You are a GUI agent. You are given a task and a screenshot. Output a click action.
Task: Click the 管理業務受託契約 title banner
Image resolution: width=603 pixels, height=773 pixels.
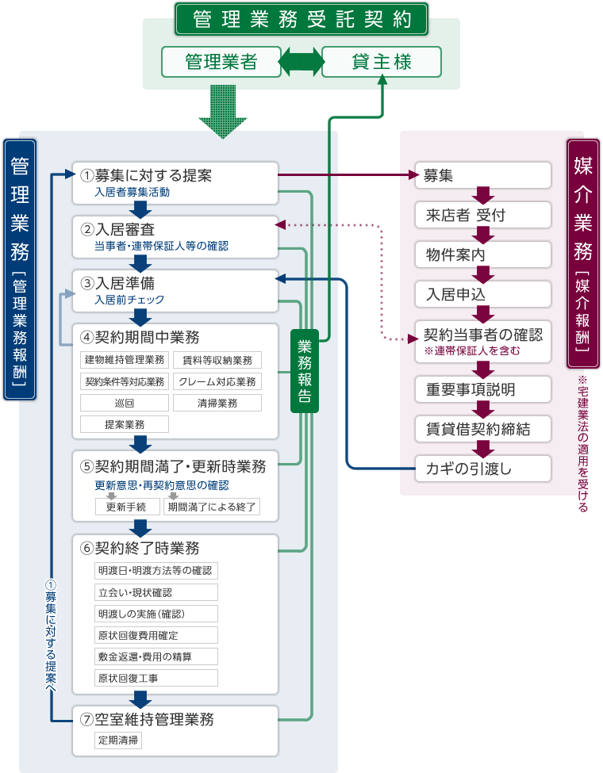301,20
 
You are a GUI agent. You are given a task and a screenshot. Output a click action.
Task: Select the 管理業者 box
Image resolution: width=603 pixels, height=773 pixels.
221,62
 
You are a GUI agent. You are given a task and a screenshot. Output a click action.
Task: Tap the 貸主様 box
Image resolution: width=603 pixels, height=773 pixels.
382,62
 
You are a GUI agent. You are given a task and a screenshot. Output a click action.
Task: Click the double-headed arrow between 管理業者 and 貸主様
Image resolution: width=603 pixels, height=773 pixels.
301,62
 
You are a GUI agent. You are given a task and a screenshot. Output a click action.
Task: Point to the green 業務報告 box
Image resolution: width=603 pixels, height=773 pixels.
305,370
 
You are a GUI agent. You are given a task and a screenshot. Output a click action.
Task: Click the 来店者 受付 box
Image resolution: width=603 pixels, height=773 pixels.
482,215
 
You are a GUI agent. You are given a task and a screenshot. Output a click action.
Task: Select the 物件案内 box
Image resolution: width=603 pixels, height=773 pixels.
482,254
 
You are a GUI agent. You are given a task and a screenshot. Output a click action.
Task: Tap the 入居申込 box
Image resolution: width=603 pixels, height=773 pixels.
482,294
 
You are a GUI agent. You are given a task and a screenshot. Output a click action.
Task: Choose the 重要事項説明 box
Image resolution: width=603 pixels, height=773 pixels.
482,389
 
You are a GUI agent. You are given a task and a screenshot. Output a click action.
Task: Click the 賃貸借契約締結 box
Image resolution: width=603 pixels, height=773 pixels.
482,429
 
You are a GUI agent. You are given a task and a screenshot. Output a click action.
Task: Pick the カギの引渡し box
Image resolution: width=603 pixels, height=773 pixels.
482,469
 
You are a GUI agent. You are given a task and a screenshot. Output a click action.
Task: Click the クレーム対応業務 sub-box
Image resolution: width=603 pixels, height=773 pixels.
217,381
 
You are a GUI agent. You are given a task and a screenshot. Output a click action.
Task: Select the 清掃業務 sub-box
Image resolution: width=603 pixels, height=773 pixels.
217,403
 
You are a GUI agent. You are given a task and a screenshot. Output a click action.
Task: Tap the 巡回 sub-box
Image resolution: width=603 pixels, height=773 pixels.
124,403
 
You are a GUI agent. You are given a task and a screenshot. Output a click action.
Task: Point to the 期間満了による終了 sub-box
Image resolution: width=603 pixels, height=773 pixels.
212,507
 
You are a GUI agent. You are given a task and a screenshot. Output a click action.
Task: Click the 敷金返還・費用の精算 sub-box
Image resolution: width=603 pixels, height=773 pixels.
156,656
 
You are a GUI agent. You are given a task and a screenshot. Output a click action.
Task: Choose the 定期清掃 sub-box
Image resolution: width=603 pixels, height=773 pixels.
119,740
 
